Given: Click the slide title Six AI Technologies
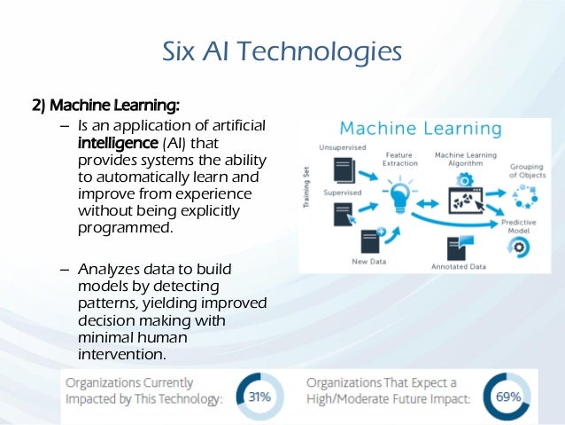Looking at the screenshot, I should point(282,51).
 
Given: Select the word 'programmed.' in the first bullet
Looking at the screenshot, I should point(124,228).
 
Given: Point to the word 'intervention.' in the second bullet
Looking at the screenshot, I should point(122,354).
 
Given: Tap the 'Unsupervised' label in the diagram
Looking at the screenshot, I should point(340,146).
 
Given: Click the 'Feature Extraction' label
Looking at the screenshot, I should point(400,159).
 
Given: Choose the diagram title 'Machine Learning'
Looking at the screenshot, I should point(422,130).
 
